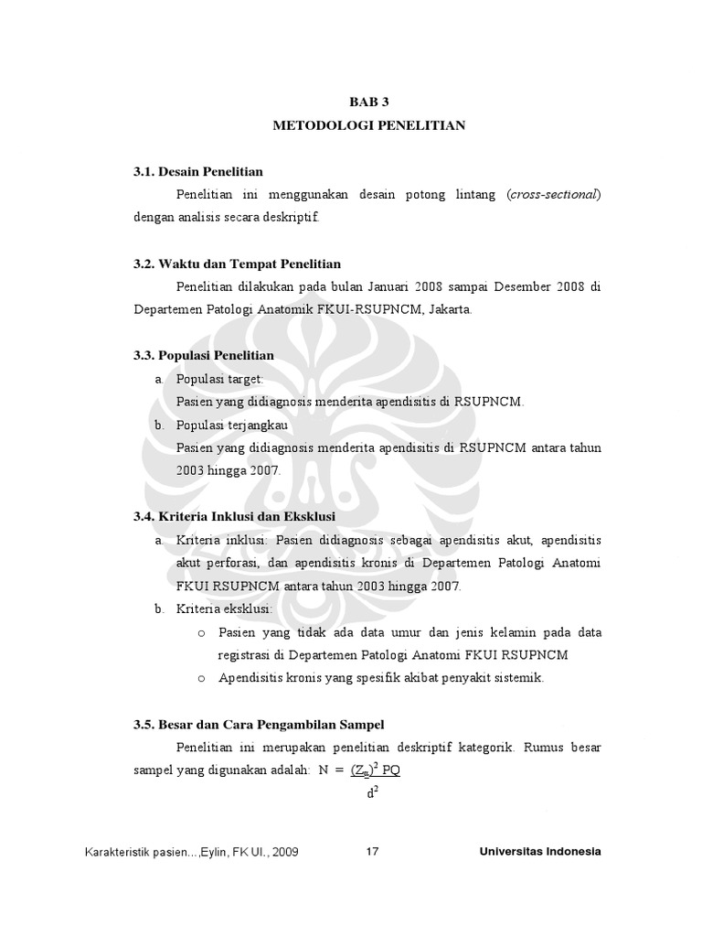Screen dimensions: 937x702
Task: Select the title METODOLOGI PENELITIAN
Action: (369, 125)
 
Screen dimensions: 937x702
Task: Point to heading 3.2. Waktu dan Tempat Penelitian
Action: (237, 264)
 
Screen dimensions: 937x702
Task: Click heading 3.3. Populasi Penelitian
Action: (203, 355)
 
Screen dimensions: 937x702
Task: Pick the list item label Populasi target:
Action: (218, 378)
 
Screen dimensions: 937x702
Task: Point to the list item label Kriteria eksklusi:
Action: (224, 609)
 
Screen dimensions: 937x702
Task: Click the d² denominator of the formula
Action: (372, 793)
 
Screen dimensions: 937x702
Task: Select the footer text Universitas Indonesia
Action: (540, 852)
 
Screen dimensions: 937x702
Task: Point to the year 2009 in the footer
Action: (283, 853)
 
